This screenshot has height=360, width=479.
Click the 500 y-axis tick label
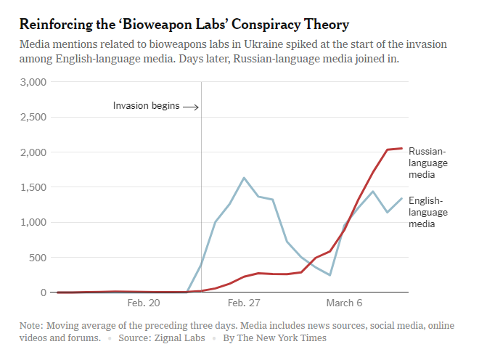coord(38,257)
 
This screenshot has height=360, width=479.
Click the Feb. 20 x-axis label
coord(144,303)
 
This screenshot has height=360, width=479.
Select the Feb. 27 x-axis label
coord(244,303)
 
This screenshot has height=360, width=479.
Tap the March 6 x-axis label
coord(344,303)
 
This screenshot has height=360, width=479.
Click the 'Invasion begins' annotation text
coord(146,106)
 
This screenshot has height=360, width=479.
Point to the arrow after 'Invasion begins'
coord(191,107)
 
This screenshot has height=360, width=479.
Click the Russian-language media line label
coord(428,163)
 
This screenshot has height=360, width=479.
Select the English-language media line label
coord(428,212)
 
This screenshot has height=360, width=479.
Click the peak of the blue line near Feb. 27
coord(244,178)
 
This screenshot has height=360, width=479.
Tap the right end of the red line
coord(401,148)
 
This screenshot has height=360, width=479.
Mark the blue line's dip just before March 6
coord(329,275)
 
